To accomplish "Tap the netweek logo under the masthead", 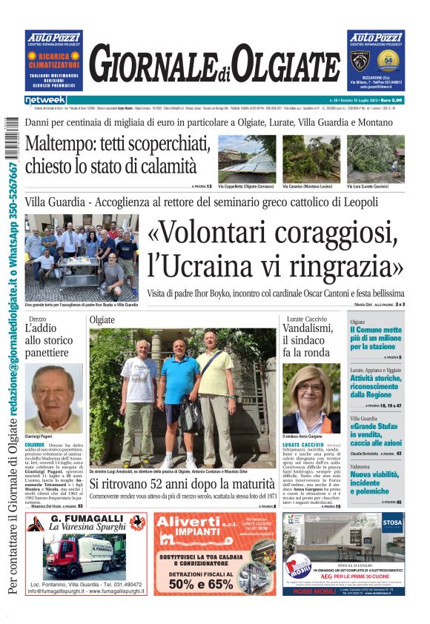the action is pos(45,99).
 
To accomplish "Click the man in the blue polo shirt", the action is pos(180,405).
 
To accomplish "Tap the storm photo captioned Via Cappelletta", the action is pos(247,158).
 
